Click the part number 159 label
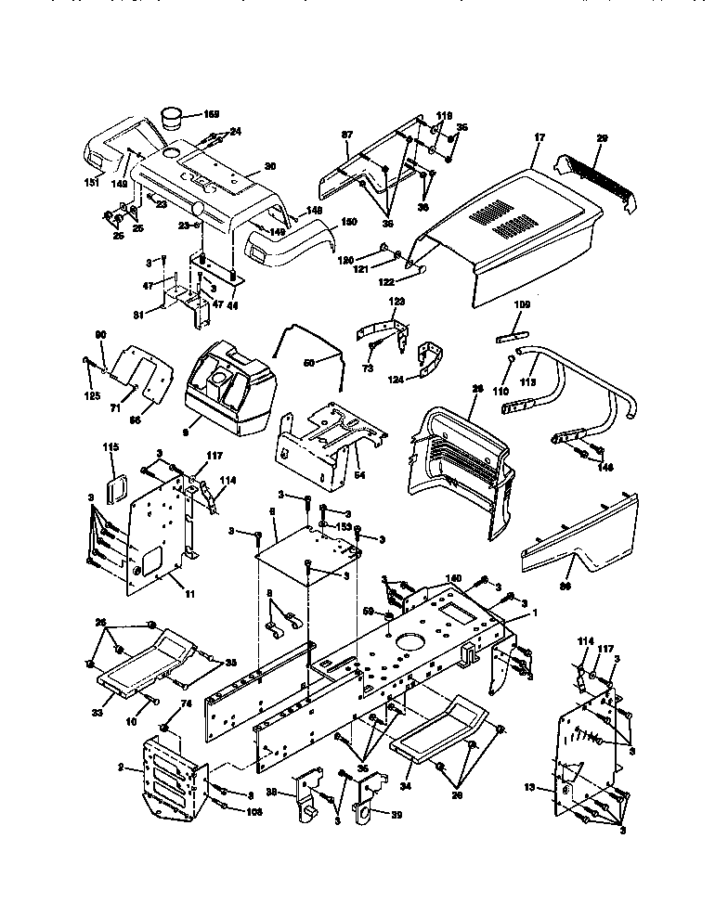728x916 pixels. click(x=211, y=114)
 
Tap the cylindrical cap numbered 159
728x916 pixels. click(x=174, y=118)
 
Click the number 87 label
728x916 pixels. click(x=347, y=135)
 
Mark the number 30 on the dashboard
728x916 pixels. click(x=270, y=166)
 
